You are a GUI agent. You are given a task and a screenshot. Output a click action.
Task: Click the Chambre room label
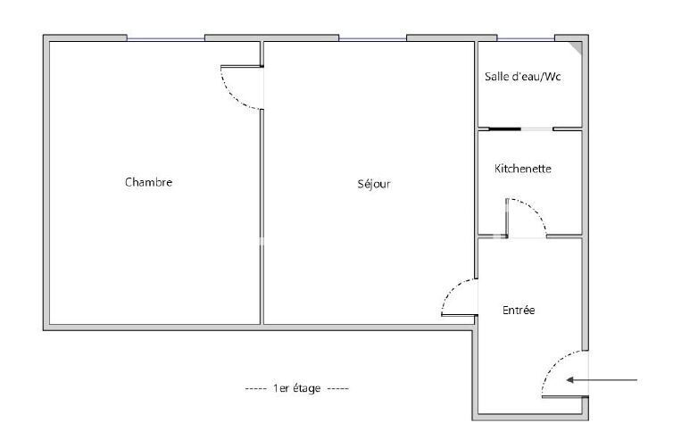click(148, 182)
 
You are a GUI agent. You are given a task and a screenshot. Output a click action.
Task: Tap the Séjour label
click(374, 184)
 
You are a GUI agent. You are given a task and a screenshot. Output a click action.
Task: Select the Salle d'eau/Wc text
click(523, 77)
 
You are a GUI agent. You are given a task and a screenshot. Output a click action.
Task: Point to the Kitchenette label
click(523, 169)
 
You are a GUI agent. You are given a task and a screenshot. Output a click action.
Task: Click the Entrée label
click(519, 310)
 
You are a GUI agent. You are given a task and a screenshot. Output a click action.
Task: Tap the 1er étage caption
click(297, 388)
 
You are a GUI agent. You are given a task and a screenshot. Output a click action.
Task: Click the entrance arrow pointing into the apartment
click(602, 380)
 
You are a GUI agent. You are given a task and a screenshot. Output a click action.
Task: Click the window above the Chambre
click(166, 39)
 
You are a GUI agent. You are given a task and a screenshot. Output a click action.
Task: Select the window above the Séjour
click(372, 39)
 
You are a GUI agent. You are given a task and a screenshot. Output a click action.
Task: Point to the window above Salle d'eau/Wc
click(526, 39)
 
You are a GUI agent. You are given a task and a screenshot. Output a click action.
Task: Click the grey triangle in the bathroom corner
click(577, 46)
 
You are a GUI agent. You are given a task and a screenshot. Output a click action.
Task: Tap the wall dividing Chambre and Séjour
click(262, 217)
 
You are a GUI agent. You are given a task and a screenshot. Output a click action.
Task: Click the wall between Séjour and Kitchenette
click(476, 160)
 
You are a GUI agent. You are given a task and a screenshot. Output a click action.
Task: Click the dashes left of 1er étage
click(256, 389)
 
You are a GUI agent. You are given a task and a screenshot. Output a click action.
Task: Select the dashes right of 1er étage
click(338, 389)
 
